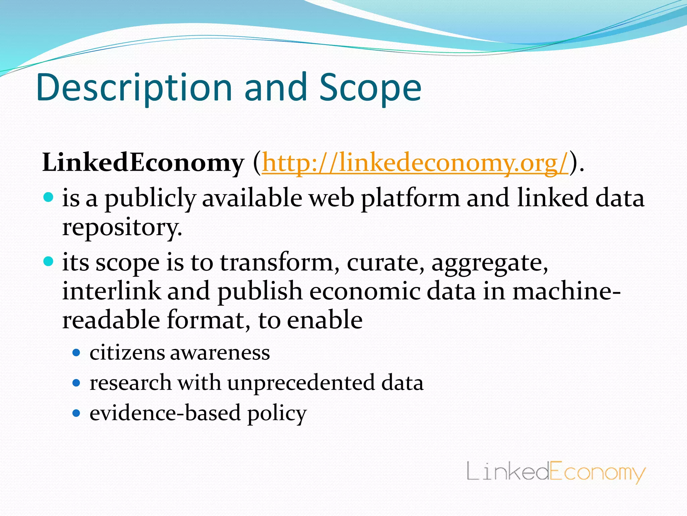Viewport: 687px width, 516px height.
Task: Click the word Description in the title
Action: (134, 88)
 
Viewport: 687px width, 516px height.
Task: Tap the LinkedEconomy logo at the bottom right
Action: (556, 472)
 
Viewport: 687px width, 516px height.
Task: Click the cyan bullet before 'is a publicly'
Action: (49, 197)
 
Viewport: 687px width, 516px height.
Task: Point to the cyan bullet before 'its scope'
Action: (49, 261)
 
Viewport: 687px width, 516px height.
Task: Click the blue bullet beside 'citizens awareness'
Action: (76, 352)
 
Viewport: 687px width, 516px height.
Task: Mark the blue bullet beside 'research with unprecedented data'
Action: (76, 383)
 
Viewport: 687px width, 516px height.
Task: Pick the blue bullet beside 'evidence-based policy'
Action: (76, 413)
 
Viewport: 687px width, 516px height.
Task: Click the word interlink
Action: (111, 291)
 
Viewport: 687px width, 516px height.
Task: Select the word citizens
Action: (127, 353)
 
